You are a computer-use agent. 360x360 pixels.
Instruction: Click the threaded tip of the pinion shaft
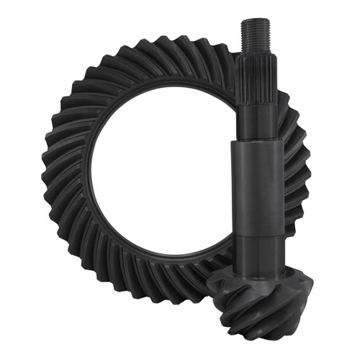255,35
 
